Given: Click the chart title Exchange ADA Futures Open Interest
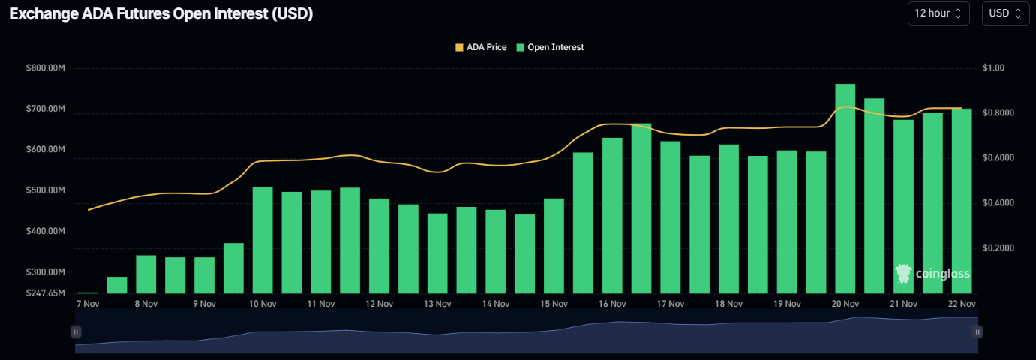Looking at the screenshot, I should coord(161,14).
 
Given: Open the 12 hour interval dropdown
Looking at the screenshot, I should coord(938,13).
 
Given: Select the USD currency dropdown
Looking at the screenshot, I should coord(1005,13).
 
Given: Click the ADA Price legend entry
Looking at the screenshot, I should coord(481,47).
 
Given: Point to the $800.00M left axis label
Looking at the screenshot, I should coord(46,68).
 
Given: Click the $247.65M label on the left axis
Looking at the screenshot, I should coord(46,292).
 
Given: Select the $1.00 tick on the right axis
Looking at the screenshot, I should coord(992,68).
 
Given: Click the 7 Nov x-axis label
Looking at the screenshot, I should coord(88,304).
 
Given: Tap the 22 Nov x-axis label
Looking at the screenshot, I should coord(962,304).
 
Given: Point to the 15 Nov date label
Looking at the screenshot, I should coord(554,304).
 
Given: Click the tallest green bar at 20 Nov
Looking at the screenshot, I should coord(845,187).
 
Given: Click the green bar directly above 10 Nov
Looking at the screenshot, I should coord(263,240).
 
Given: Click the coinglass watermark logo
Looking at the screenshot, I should coord(933,274).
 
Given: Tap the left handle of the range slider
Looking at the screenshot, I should coord(76,331).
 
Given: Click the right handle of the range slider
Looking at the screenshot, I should coord(977,331).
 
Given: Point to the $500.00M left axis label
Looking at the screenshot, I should coord(46,190).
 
